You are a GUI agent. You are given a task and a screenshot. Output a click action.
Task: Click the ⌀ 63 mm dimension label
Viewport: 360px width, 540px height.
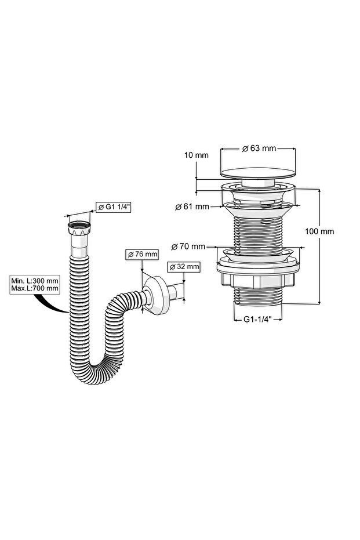pos(259,148)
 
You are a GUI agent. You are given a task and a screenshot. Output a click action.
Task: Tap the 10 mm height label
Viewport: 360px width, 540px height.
pos(196,155)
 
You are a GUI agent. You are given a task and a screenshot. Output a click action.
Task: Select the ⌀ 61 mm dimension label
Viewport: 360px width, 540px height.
pos(192,206)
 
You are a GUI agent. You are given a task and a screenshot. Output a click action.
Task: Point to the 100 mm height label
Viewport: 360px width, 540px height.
pos(319,231)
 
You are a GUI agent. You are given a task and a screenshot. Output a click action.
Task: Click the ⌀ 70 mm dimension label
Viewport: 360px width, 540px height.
pos(188,247)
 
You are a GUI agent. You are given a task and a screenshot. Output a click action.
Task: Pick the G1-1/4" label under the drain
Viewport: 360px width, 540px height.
pos(258,319)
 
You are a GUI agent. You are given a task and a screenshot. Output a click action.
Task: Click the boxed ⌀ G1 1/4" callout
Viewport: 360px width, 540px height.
pos(113,207)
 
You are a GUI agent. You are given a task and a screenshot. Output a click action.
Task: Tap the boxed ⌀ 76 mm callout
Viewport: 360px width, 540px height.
pos(143,255)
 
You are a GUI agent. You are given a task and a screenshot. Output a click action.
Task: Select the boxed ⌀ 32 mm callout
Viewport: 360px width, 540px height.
pos(183,267)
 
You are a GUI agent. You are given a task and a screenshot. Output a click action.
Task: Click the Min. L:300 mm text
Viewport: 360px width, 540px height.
pos(34,281)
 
